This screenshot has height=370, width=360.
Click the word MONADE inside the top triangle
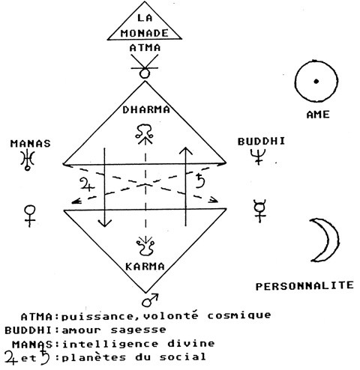coord(145,33)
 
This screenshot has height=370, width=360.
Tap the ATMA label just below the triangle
coord(145,48)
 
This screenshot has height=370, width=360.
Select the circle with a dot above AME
coord(316,81)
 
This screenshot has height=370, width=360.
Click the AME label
coord(318,115)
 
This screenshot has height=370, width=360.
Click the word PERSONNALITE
coord(304,286)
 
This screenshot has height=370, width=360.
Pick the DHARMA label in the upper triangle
coord(146,110)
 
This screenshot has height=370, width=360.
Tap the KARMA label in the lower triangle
coord(145,267)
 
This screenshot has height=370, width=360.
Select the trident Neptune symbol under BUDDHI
coord(258,157)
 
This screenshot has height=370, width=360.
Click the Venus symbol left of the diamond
coord(30,216)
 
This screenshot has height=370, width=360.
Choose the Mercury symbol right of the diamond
coord(259,210)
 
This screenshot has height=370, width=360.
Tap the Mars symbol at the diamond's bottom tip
coord(150,300)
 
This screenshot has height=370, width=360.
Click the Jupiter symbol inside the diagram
coord(87,184)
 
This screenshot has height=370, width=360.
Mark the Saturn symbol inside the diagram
coord(199,181)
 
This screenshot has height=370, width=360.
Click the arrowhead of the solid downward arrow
coord(105,223)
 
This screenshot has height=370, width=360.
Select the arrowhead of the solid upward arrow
coord(185,151)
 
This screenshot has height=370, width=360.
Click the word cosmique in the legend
coord(239,315)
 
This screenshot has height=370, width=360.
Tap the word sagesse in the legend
coord(138,330)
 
